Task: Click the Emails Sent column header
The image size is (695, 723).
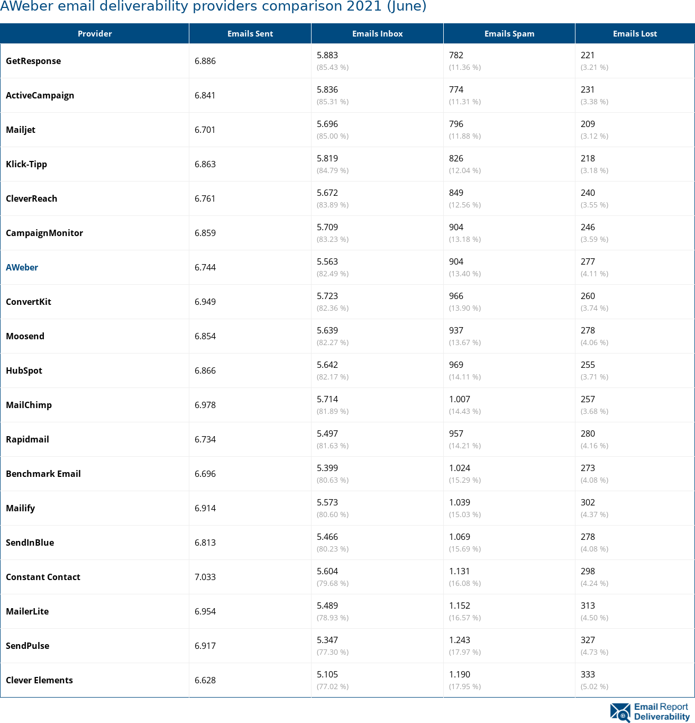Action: pyautogui.click(x=250, y=34)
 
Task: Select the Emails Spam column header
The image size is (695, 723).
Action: pyautogui.click(x=509, y=34)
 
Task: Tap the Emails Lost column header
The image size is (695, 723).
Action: pyautogui.click(x=635, y=34)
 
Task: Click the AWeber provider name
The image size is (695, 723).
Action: pyautogui.click(x=22, y=267)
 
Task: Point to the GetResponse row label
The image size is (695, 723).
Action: pyautogui.click(x=33, y=61)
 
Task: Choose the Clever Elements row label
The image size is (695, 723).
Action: pyautogui.click(x=40, y=680)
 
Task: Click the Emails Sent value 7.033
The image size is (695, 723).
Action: pyautogui.click(x=205, y=577)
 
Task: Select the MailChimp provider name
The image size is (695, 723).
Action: pyautogui.click(x=29, y=405)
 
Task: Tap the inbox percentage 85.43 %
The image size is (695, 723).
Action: pyautogui.click(x=333, y=67)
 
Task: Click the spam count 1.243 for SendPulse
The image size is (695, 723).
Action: pyautogui.click(x=460, y=640)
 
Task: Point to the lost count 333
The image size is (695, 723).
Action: pyautogui.click(x=588, y=674)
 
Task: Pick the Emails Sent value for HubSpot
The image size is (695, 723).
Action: pyautogui.click(x=205, y=370)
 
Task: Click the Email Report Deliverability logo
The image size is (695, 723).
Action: pyautogui.click(x=650, y=712)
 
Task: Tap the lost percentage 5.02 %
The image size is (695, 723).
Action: pyautogui.click(x=595, y=686)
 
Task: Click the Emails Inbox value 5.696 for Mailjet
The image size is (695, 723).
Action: pyautogui.click(x=327, y=124)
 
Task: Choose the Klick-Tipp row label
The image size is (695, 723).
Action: pyautogui.click(x=26, y=164)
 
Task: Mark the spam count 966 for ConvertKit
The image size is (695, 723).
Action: pyautogui.click(x=456, y=296)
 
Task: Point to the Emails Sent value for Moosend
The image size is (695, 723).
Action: pyautogui.click(x=205, y=336)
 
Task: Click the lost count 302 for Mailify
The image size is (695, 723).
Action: pyautogui.click(x=588, y=502)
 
